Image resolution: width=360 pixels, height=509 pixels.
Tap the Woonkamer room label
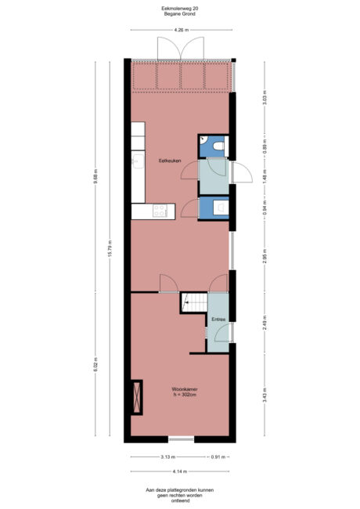(x=183, y=391)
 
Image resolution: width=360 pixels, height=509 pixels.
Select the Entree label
(x=218, y=319)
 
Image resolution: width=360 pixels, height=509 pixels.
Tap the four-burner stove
(x=160, y=210)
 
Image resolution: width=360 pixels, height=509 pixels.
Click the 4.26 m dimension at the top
(x=181, y=30)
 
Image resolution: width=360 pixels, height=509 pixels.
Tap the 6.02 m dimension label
(x=95, y=364)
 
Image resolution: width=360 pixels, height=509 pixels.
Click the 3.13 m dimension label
(x=166, y=457)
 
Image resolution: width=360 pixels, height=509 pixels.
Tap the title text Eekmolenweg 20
(x=180, y=9)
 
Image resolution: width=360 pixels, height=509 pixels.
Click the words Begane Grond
(x=180, y=15)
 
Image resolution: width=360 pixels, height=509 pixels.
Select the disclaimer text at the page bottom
(x=180, y=495)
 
